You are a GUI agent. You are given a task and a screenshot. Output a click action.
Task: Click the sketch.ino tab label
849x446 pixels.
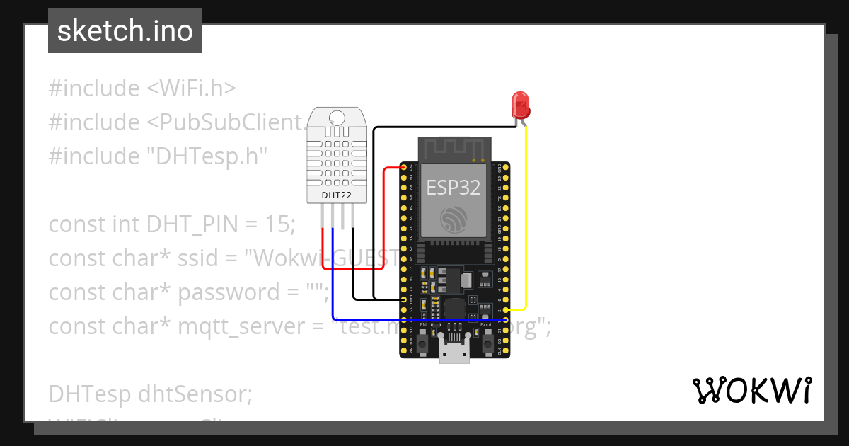(x=125, y=31)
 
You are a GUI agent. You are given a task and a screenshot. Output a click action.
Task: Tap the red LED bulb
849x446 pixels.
(x=521, y=105)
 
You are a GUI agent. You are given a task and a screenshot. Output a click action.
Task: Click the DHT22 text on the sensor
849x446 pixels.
(x=337, y=195)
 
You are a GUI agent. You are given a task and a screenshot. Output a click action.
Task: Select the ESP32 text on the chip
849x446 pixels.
(x=453, y=188)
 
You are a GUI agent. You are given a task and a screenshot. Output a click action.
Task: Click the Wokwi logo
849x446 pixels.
(x=751, y=391)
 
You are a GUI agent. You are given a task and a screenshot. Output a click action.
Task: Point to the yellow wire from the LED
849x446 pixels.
(x=526, y=212)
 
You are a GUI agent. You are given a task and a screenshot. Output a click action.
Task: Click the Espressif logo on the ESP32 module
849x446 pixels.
(x=453, y=219)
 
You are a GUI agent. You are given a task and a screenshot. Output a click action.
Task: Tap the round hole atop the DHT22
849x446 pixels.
(x=337, y=118)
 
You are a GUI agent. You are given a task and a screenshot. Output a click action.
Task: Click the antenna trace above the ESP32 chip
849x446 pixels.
(x=454, y=149)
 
